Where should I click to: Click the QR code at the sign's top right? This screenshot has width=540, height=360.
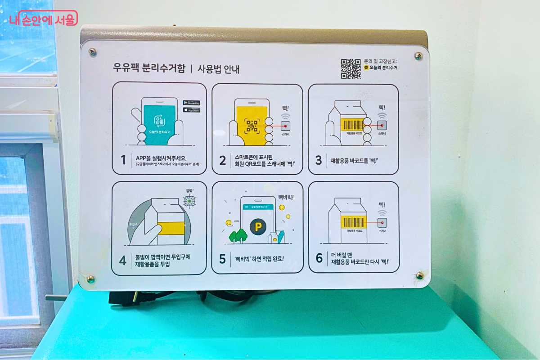351,68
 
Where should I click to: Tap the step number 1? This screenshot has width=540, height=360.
123,160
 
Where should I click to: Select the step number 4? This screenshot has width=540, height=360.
122,260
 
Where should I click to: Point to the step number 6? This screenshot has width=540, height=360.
319,258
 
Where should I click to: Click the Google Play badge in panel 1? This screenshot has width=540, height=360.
191,103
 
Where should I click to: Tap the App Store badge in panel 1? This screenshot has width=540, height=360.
191,110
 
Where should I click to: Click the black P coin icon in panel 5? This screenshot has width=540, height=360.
258,227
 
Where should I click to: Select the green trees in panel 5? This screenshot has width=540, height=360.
238,235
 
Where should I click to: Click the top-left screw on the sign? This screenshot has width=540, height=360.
92,52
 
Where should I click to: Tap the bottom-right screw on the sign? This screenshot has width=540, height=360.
419,275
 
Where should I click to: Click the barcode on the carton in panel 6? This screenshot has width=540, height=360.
354,222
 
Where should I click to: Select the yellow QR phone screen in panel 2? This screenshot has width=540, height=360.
252,126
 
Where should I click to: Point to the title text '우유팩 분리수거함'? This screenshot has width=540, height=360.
148,69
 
